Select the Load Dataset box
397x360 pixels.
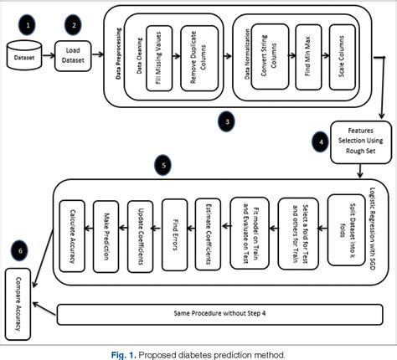[74, 55]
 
